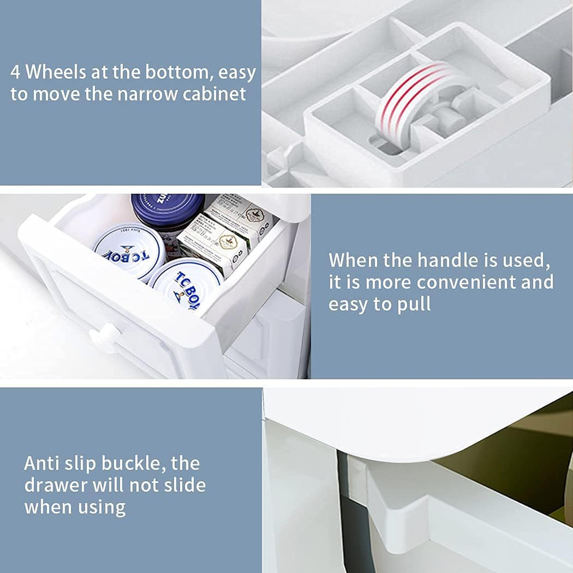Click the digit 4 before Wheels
click(x=16, y=73)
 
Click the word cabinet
click(x=214, y=94)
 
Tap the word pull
click(x=413, y=304)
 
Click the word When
click(x=353, y=261)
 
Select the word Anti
click(x=42, y=463)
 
